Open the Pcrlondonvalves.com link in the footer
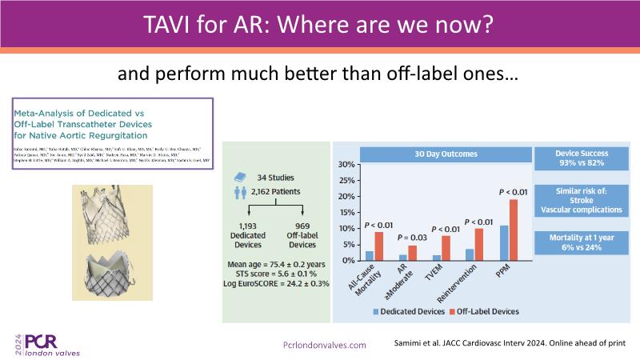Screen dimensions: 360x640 [x=325, y=345]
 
